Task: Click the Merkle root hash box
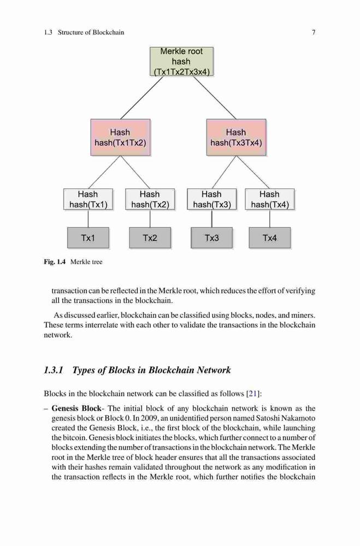(x=181, y=61)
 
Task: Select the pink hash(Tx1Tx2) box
(x=121, y=137)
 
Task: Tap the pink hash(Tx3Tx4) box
(x=237, y=137)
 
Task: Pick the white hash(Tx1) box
(x=88, y=199)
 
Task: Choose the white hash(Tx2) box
(x=150, y=199)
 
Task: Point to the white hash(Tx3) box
(x=212, y=199)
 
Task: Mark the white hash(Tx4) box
(x=270, y=199)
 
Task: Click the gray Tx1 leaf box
(x=88, y=238)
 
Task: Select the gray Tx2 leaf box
(x=150, y=238)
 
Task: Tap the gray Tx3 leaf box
(x=212, y=238)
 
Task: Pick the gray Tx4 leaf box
(x=270, y=238)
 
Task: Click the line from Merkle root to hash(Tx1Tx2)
(x=142, y=98)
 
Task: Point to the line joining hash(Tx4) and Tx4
(x=270, y=219)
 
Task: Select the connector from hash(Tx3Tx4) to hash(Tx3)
(x=224, y=172)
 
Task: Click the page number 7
(x=314, y=32)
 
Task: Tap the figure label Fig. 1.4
(x=55, y=262)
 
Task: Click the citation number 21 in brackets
(x=253, y=394)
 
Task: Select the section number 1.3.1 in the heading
(x=54, y=370)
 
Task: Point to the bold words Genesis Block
(x=76, y=408)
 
